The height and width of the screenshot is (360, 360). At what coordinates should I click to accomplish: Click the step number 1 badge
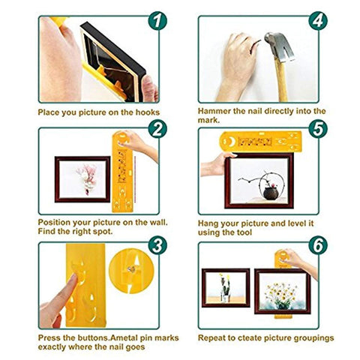tap(157, 21)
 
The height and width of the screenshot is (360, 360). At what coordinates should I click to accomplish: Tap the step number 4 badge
tap(318, 21)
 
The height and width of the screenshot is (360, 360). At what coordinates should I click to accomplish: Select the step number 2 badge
tap(157, 129)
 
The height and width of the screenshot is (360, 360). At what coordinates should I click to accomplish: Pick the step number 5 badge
tap(318, 129)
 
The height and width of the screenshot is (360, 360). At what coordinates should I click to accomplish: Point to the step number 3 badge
tap(157, 245)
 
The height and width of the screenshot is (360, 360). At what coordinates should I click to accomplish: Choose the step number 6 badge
tap(318, 245)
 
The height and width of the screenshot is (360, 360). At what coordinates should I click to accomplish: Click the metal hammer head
tap(279, 47)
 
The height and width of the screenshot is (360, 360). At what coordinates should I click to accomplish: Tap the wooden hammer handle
tap(281, 79)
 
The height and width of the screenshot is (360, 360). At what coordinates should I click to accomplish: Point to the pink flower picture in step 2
tap(82, 179)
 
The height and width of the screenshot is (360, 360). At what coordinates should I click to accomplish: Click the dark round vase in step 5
tap(271, 193)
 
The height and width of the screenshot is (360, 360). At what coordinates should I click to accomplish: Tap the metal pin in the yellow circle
tap(131, 269)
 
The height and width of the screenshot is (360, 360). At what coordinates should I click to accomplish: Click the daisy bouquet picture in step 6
tap(282, 291)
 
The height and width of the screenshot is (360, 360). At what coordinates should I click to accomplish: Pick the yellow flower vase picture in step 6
tap(226, 287)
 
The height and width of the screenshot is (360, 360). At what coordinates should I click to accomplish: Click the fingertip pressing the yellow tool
tap(73, 278)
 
